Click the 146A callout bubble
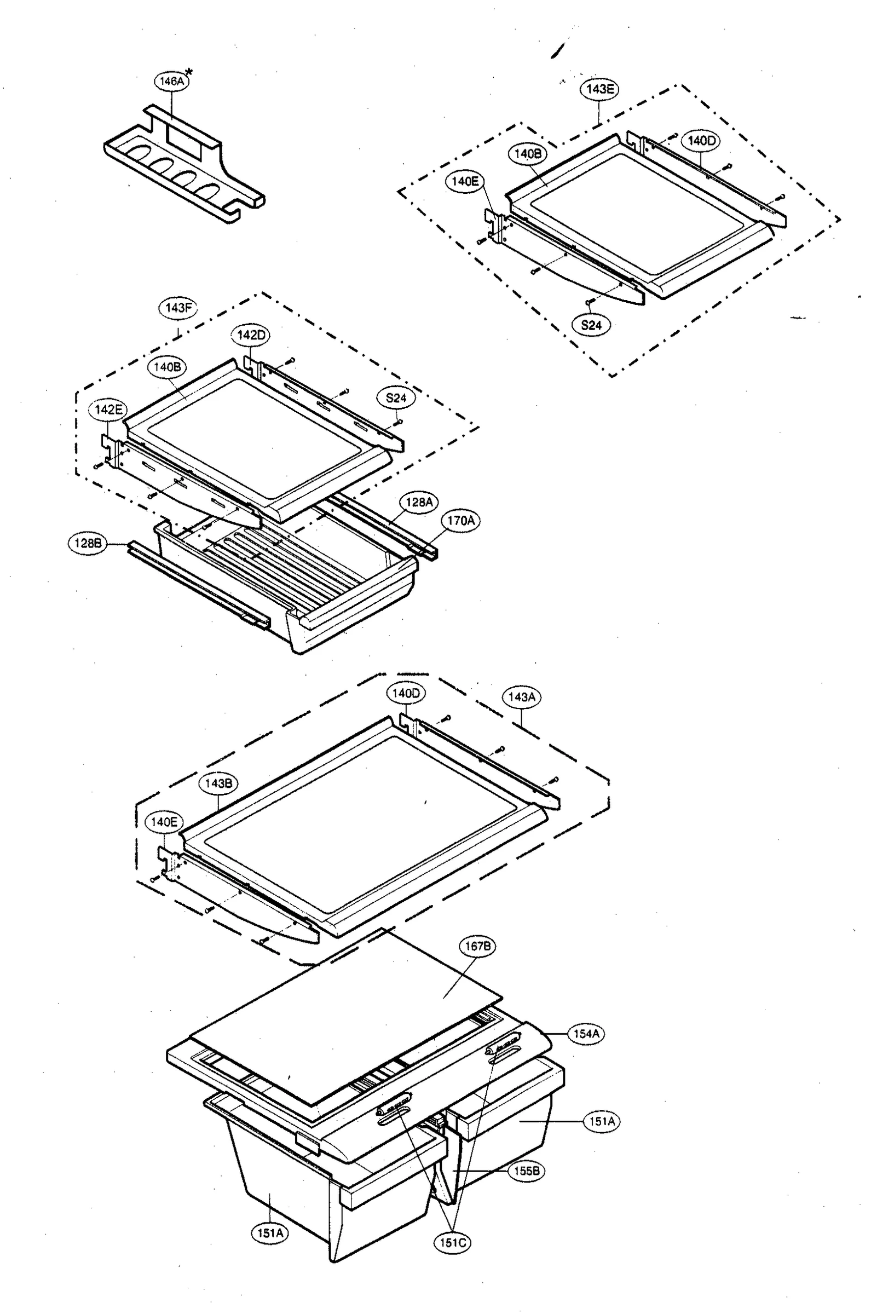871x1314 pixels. pyautogui.click(x=171, y=81)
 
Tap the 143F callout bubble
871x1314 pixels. pyautogui.click(x=178, y=308)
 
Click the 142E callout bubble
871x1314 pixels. pyautogui.click(x=108, y=410)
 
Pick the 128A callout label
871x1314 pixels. pyautogui.click(x=419, y=502)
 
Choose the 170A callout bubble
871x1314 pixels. pyautogui.click(x=460, y=521)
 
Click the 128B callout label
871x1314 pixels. pyautogui.click(x=87, y=543)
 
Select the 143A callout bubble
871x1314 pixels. pyautogui.click(x=521, y=696)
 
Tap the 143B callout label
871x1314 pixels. pyautogui.click(x=218, y=783)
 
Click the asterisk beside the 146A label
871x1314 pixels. pyautogui.click(x=189, y=72)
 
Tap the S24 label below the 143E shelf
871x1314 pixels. pyautogui.click(x=591, y=325)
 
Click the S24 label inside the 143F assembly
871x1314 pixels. pyautogui.click(x=395, y=397)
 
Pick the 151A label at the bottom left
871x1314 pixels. pyautogui.click(x=270, y=1234)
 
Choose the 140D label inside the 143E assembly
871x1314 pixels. pyautogui.click(x=701, y=141)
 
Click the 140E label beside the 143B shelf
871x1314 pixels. pyautogui.click(x=163, y=822)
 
